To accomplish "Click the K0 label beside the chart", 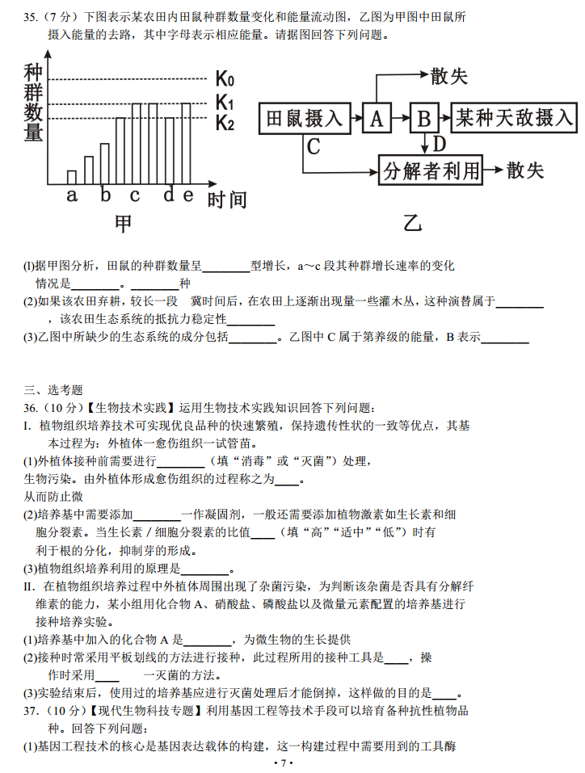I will pos(225,79).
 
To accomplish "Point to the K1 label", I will pos(225,103).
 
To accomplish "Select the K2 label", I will pos(225,124).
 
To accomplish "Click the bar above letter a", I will pos(72,177).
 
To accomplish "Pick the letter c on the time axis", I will pos(135,195).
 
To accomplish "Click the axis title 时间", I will pos(227,200).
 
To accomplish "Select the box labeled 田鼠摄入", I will pos(304,119).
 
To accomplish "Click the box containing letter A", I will pos(376,119).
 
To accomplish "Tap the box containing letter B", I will pos(423,119).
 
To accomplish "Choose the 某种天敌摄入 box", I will pos(515,119).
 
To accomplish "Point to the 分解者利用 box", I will pos(431,170).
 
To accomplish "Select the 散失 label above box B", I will pos(449,76).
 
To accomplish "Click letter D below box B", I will pos(439,144).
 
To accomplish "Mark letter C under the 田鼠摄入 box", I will pos(314,146).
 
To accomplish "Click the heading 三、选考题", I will pos(53,390).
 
